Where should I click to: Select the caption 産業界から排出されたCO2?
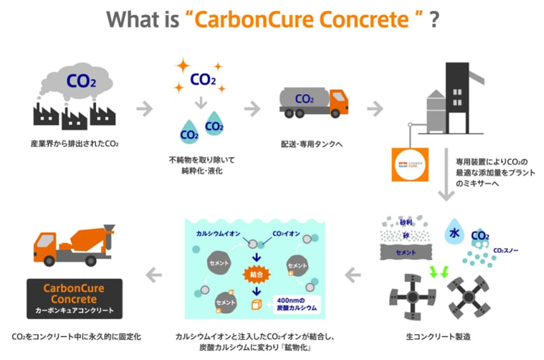[x=74, y=144]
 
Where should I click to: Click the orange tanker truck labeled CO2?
[x=313, y=102]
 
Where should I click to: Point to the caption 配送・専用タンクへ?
[x=313, y=144]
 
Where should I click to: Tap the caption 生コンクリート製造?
[x=440, y=336]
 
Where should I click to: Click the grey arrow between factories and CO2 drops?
[x=145, y=108]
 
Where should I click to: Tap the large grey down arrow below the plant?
[x=447, y=189]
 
